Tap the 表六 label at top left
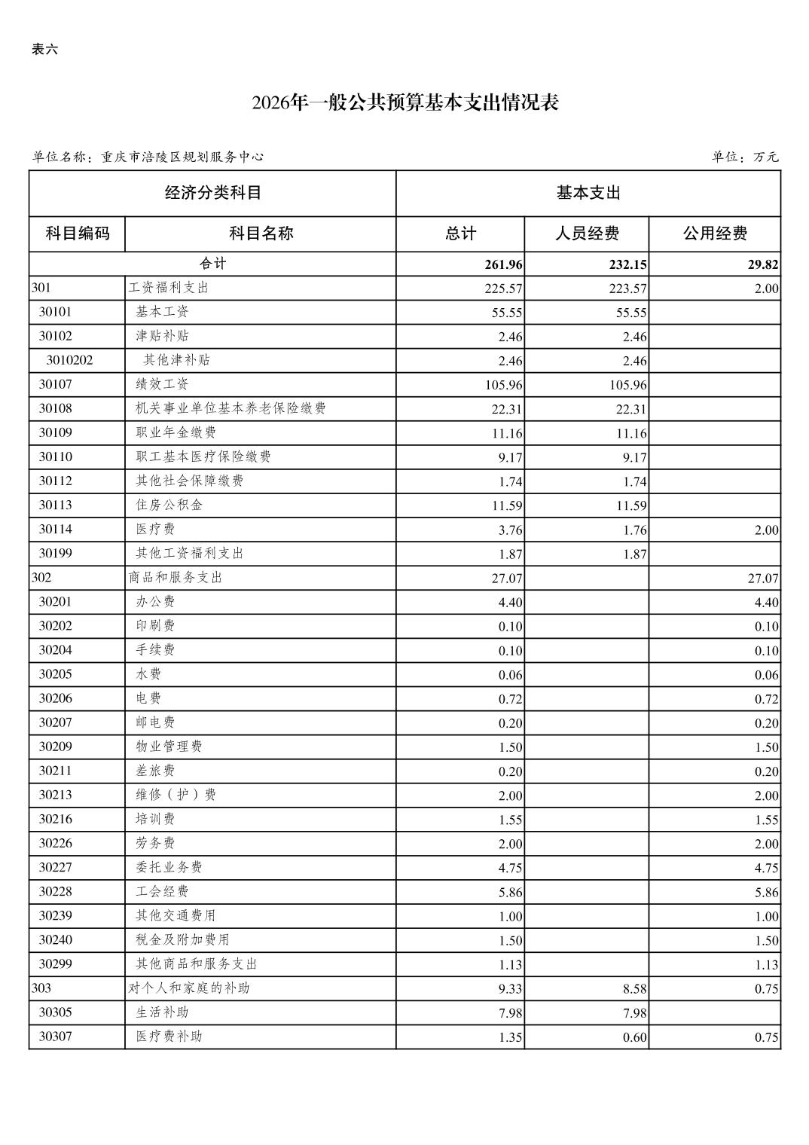tap(44, 50)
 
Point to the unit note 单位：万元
tap(744, 157)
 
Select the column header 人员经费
tap(587, 234)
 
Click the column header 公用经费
tap(715, 234)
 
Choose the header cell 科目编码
tap(78, 234)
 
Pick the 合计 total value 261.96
tap(504, 264)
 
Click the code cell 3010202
tap(69, 360)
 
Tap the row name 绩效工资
tap(162, 384)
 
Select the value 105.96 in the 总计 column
tap(504, 385)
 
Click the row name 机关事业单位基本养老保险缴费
tap(230, 408)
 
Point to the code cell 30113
tap(56, 505)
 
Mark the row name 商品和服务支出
tap(176, 578)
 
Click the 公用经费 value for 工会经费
tap(766, 893)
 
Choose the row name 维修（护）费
tap(176, 795)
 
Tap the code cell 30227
tap(56, 867)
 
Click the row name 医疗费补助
tap(169, 1037)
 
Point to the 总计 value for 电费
tap(510, 699)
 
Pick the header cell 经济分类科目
tap(213, 193)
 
